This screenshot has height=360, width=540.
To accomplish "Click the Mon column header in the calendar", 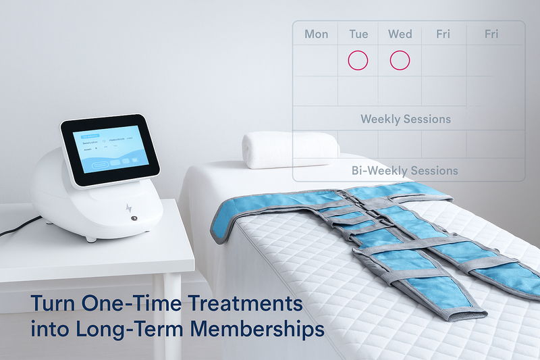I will tap(316, 34).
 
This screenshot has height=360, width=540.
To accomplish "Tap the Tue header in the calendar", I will tap(358, 34).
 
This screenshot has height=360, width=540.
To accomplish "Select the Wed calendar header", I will tap(400, 34).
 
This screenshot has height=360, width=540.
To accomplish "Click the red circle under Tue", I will tap(358, 60).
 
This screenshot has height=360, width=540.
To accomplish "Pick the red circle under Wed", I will tap(400, 60).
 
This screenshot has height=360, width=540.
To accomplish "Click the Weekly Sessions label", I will tap(406, 120).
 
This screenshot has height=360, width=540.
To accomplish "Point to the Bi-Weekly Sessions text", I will tap(405, 170).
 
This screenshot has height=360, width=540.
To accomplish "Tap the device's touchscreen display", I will tap(109, 151).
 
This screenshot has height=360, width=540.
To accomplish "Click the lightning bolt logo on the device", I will tap(129, 208).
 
